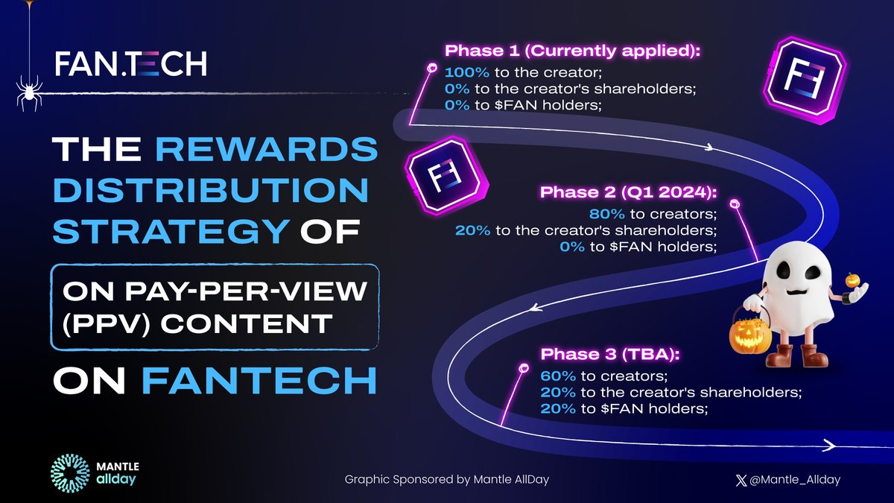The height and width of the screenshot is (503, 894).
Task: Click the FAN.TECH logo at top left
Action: point(131,63)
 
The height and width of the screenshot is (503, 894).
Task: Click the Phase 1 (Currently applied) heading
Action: point(572,51)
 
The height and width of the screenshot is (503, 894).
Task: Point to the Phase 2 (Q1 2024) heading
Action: point(628,192)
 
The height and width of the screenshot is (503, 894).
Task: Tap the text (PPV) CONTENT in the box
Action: point(192,324)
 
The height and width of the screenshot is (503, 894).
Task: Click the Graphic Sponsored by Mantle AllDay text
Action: point(446,479)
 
